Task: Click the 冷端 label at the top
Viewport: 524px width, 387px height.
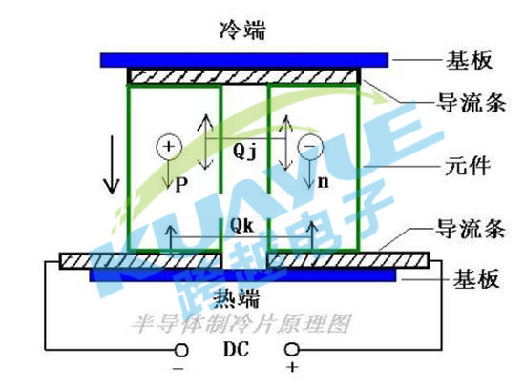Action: click(x=242, y=31)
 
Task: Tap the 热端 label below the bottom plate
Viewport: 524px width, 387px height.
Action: click(x=237, y=298)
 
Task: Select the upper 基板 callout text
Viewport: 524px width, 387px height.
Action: click(x=469, y=60)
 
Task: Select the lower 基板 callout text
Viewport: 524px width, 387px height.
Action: click(x=476, y=278)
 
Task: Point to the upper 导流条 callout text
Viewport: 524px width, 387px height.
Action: click(x=472, y=102)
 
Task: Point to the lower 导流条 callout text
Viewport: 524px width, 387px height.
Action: click(x=471, y=229)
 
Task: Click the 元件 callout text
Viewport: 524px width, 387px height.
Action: click(x=467, y=166)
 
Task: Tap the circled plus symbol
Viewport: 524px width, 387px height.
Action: click(x=169, y=147)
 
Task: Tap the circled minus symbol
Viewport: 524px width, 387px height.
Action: click(x=310, y=147)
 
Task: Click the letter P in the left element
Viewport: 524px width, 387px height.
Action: click(x=181, y=184)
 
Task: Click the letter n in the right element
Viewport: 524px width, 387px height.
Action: click(x=323, y=182)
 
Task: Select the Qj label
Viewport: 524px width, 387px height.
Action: click(x=244, y=152)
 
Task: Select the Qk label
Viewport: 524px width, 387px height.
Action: click(x=241, y=226)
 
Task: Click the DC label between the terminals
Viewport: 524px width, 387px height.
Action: click(x=236, y=349)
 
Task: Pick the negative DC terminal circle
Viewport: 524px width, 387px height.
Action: click(x=181, y=351)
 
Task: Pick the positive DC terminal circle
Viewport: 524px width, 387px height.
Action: click(x=291, y=350)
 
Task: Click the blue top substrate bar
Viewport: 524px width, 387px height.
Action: click(x=244, y=60)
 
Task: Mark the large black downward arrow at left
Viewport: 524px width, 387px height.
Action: click(x=112, y=165)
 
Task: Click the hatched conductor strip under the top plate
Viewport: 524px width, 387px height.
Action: click(x=244, y=76)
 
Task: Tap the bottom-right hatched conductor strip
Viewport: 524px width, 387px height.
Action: click(x=347, y=260)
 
